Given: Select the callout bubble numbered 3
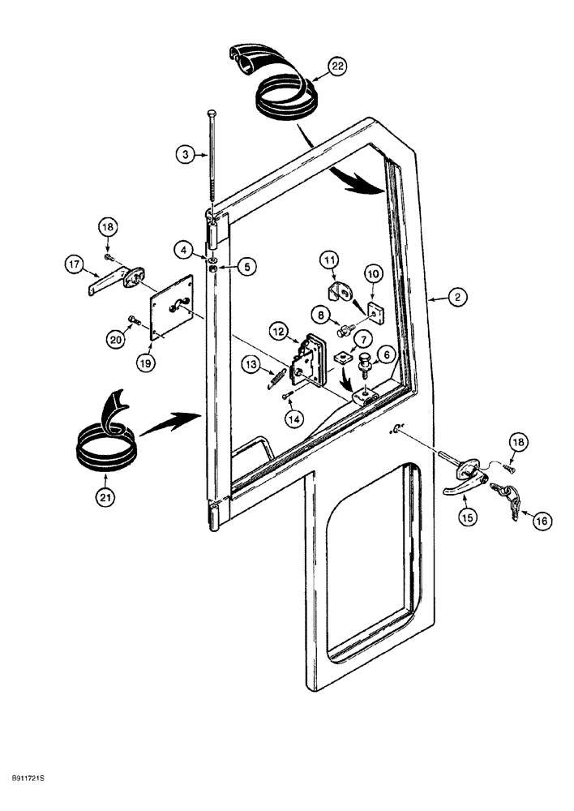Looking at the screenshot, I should point(185,152).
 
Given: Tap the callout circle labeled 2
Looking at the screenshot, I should point(457,298).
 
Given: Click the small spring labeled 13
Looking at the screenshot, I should point(276,376).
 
